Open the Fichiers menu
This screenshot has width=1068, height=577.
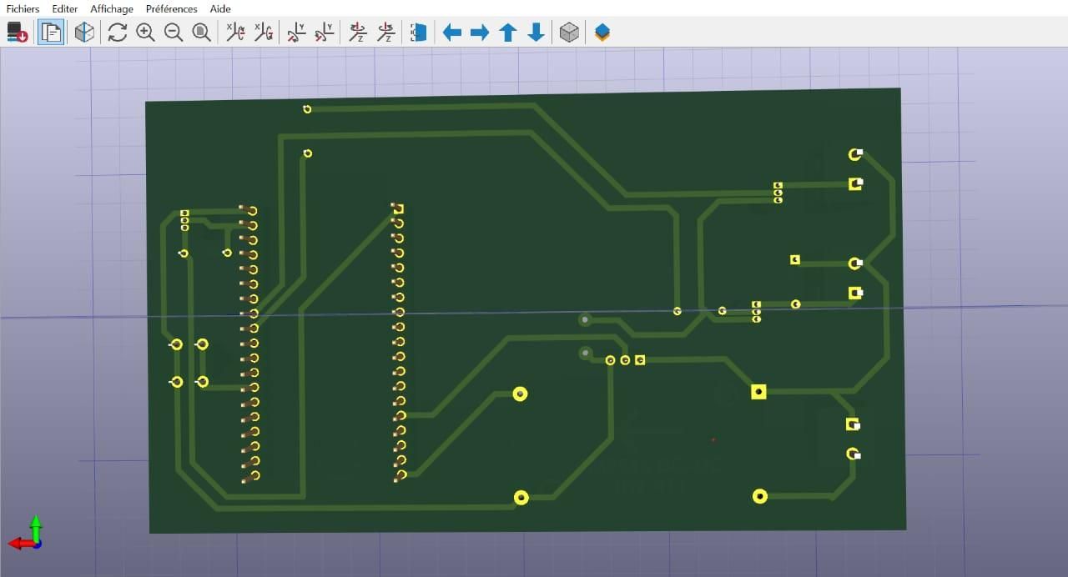[x=23, y=9]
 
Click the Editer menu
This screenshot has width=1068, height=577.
[x=65, y=9]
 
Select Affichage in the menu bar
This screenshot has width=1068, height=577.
[x=112, y=9]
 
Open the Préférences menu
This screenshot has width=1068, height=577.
[x=171, y=9]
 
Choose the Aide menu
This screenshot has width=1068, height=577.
[x=220, y=9]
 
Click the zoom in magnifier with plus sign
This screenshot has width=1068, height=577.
[x=145, y=33]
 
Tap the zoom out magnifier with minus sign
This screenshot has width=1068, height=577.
[x=173, y=33]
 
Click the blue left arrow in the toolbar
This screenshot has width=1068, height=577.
[x=451, y=33]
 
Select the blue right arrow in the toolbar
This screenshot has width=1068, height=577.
[x=480, y=33]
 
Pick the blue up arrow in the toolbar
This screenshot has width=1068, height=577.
[x=508, y=33]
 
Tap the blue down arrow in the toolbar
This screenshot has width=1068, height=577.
[x=536, y=33]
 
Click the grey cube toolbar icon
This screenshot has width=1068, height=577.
[x=569, y=33]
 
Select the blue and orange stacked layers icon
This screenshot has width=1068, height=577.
[x=602, y=33]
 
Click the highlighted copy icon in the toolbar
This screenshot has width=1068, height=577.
[x=51, y=33]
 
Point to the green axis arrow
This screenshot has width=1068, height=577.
[x=36, y=526]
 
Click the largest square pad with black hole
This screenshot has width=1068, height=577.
[x=758, y=392]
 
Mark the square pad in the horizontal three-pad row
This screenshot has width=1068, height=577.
[x=640, y=359]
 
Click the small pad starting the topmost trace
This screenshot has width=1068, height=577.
[x=307, y=109]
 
